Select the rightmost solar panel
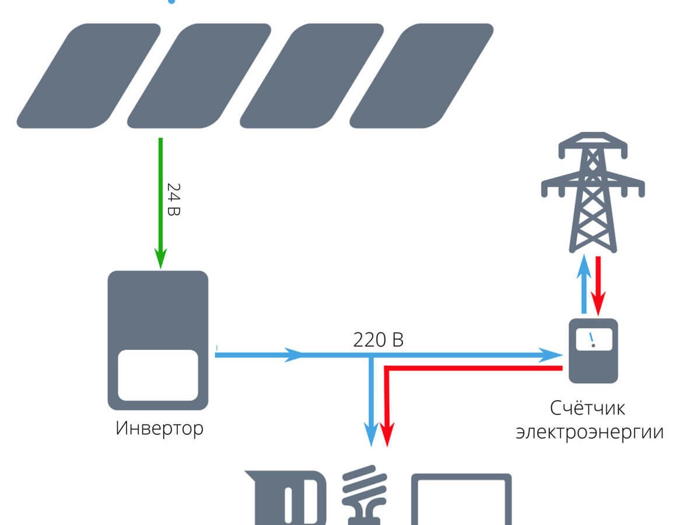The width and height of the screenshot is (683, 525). pos(421,76)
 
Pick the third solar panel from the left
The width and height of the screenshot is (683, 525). pos(311,76)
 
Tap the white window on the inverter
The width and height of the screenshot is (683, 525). pos(158,374)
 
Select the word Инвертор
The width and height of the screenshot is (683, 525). pos(159,429)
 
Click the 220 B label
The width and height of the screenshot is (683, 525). pos(378,339)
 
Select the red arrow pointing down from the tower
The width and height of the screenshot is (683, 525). pos(598,285)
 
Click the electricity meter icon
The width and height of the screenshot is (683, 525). pos(593,350)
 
